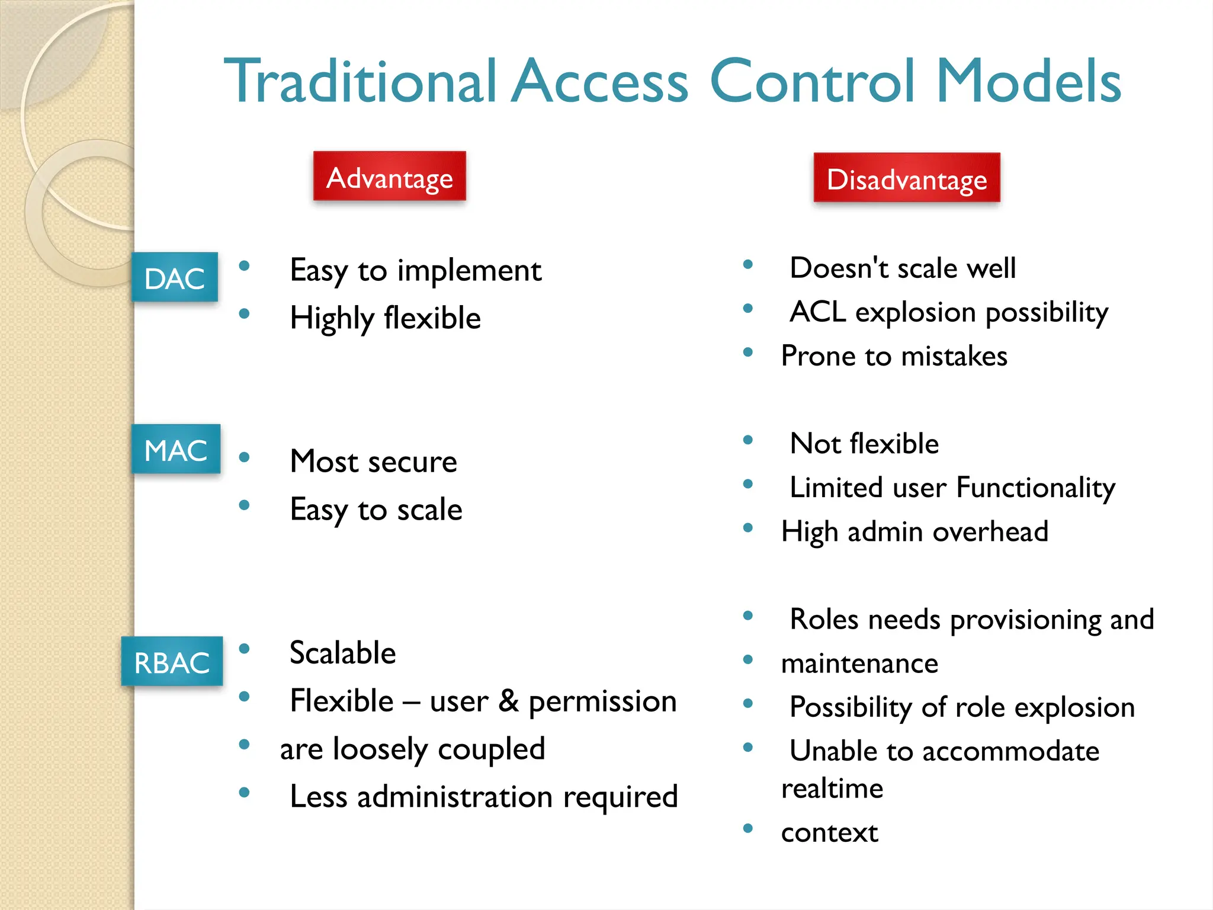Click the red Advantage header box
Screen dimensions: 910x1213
click(390, 177)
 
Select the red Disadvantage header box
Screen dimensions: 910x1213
click(907, 178)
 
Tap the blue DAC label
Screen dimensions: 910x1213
click(175, 277)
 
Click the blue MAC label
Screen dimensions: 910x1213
click(176, 449)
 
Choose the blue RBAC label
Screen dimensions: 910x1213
click(172, 661)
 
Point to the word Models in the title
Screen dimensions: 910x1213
click(1029, 81)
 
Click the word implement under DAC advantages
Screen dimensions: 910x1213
click(469, 271)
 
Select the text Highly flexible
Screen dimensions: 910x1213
click(385, 318)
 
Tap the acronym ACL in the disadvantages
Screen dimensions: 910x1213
click(818, 312)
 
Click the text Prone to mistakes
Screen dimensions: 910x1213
click(894, 356)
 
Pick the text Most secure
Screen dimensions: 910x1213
click(374, 462)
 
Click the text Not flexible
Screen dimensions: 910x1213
click(864, 444)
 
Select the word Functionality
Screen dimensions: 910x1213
click(1036, 488)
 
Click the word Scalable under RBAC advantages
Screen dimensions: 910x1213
click(343, 653)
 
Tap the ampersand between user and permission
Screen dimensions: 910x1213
click(508, 701)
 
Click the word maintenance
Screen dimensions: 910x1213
click(859, 664)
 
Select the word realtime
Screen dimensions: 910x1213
click(832, 789)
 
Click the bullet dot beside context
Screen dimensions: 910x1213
click(748, 828)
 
